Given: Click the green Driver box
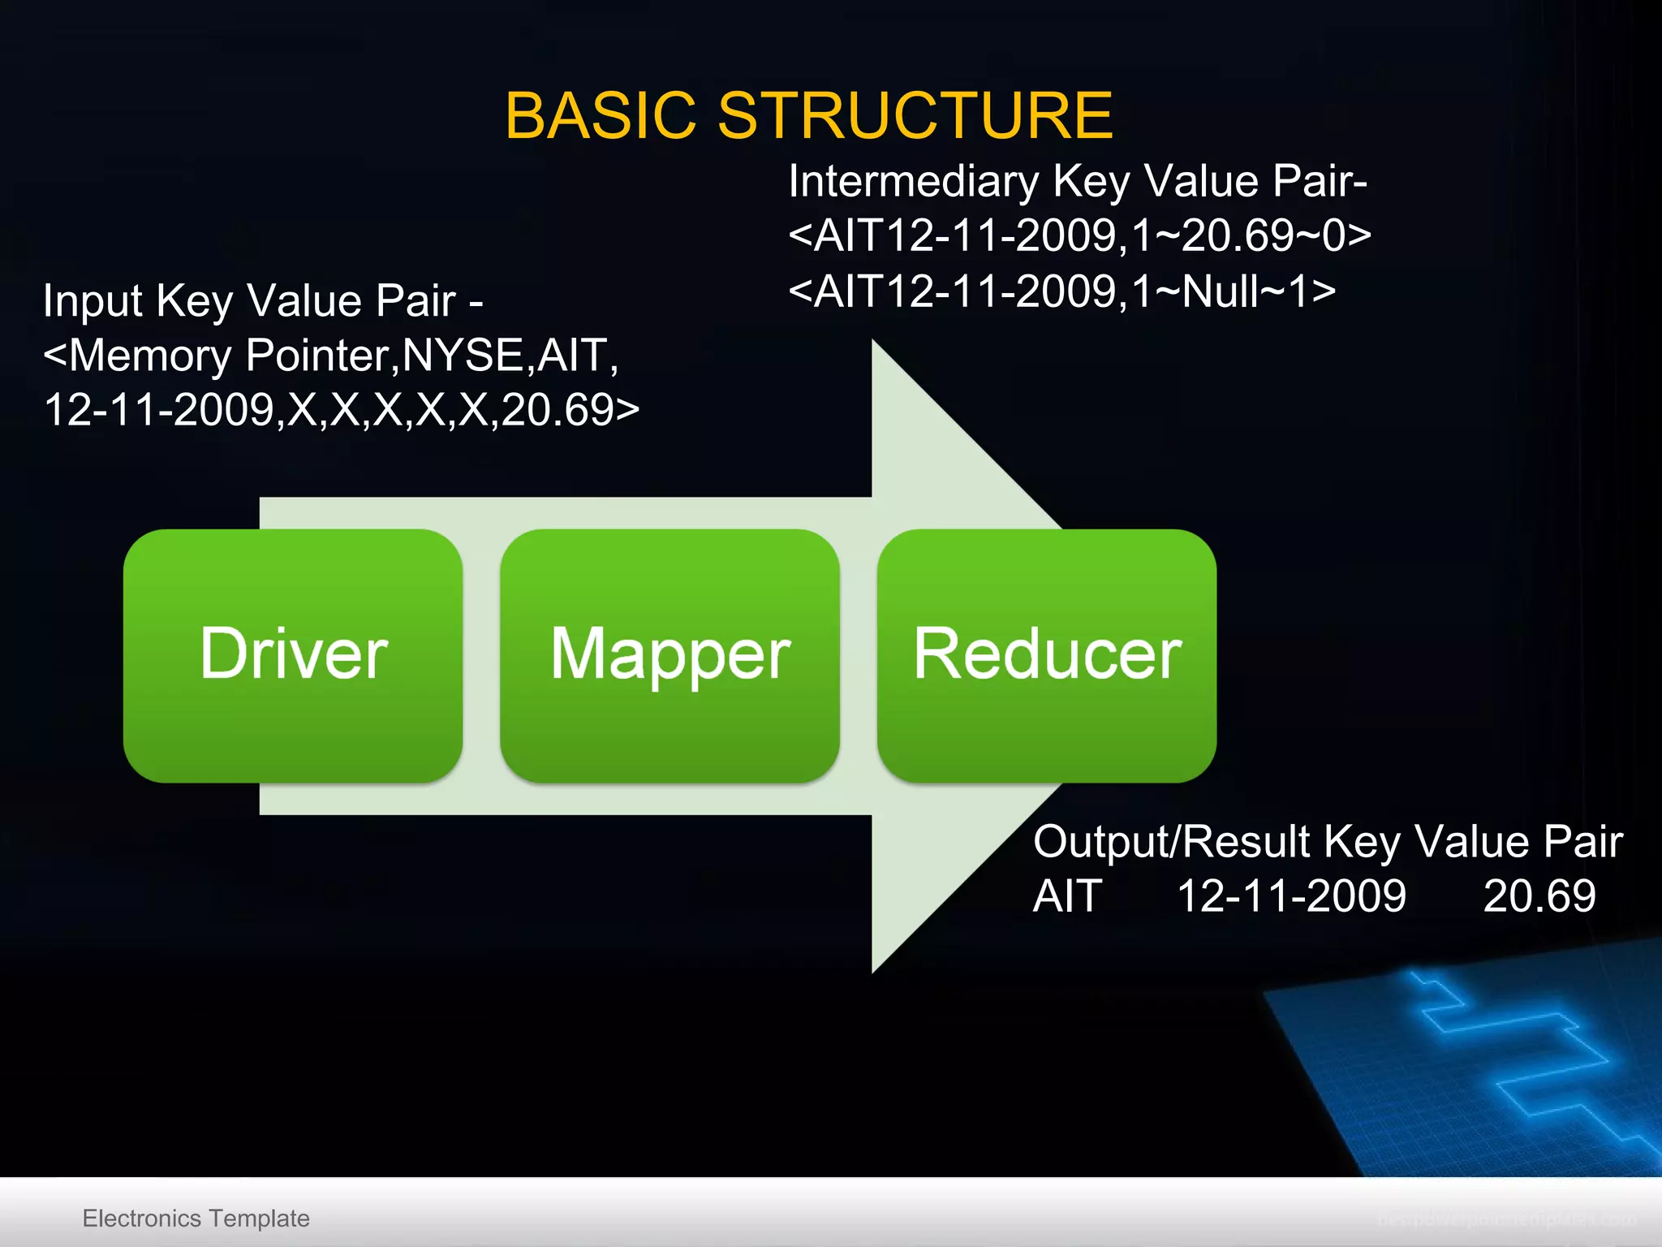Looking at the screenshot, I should [293, 655].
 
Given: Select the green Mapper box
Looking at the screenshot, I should [670, 655].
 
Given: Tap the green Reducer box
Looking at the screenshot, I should [1046, 655].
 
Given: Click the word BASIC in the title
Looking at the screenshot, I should [601, 116].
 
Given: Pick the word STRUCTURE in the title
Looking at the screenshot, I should [915, 116].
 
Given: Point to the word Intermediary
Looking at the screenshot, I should [913, 181].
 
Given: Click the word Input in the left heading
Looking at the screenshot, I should [93, 301].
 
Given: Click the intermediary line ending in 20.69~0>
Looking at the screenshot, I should [1079, 236].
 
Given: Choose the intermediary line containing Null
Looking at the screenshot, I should [1061, 291].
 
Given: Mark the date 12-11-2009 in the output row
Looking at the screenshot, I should [1291, 897].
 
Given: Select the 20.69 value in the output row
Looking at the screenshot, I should [1539, 897].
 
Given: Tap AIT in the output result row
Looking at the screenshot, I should [1067, 897].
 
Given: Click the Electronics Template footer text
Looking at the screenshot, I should [196, 1219].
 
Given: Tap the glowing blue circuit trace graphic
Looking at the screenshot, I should [1509, 1055].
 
